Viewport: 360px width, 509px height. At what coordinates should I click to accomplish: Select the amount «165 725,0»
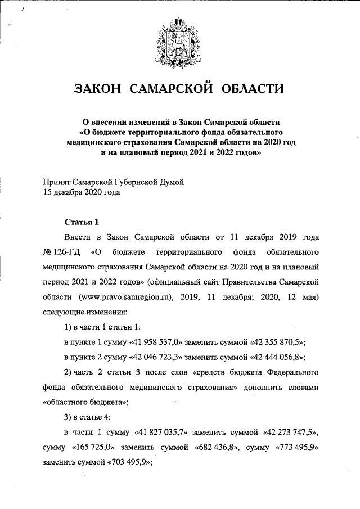click(x=94, y=448)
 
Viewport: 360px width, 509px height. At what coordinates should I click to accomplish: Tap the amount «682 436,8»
click(x=218, y=448)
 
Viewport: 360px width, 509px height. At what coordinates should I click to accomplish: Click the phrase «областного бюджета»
click(x=85, y=402)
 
